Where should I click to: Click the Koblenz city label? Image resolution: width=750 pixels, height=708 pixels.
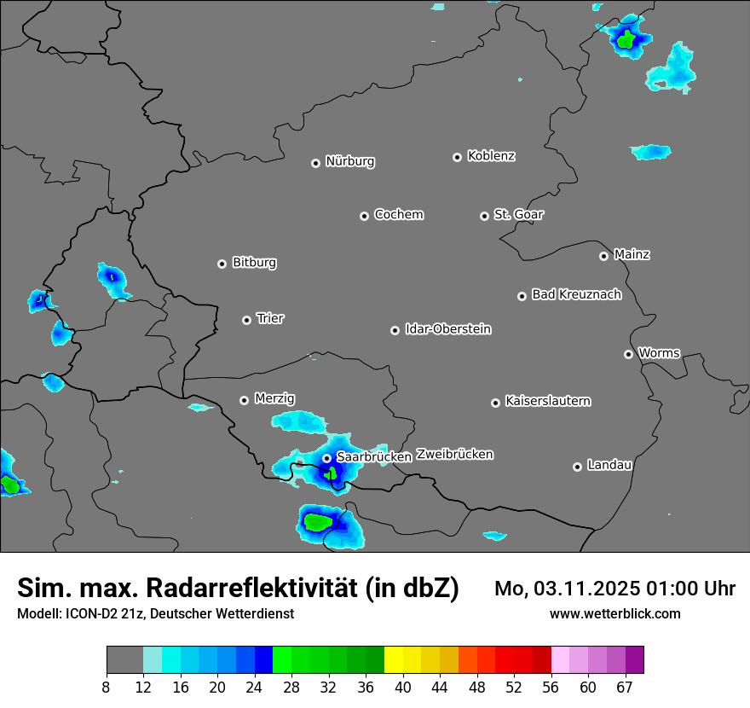tap(491, 156)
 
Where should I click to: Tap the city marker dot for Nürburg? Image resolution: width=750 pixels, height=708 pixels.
tap(315, 163)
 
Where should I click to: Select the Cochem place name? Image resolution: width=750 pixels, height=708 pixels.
tap(398, 215)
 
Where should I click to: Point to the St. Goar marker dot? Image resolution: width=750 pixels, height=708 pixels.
tap(484, 216)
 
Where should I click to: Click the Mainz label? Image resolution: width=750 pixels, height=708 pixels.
tap(632, 255)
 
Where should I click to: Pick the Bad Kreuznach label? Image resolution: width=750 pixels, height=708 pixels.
tap(576, 295)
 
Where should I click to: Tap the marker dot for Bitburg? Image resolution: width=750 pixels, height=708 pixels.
tap(222, 264)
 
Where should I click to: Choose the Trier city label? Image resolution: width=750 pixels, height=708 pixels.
tap(270, 319)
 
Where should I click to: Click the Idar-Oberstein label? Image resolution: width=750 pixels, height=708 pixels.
tap(447, 329)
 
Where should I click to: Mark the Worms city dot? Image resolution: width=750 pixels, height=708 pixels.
tap(628, 354)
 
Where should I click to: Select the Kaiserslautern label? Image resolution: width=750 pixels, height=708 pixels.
tap(547, 401)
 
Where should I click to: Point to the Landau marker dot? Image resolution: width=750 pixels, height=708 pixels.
tap(577, 467)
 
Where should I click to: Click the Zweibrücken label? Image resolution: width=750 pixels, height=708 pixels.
tap(454, 455)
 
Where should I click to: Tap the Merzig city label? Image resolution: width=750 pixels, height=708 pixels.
tap(274, 399)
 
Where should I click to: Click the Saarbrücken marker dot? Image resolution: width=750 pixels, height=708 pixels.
tap(326, 458)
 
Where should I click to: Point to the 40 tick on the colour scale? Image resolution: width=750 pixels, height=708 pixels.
tap(403, 688)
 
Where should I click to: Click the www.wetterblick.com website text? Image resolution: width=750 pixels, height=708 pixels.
tap(614, 613)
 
